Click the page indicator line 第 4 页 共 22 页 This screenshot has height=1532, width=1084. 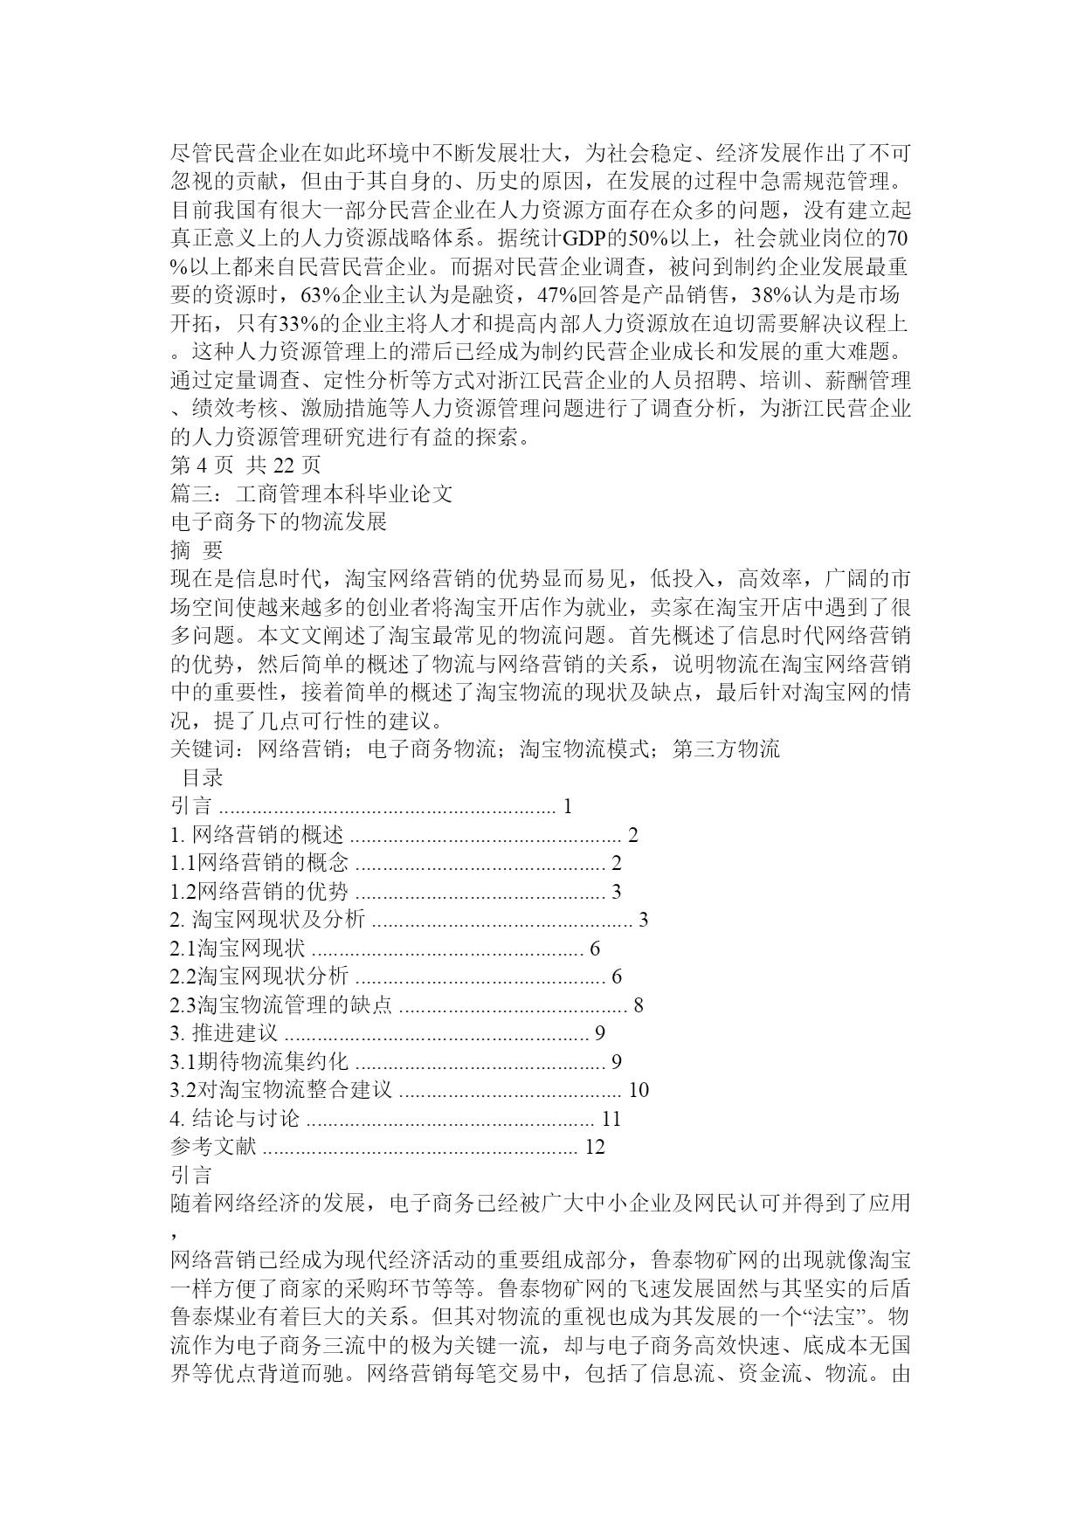245,466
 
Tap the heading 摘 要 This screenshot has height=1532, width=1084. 197,550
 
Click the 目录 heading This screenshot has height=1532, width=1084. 202,777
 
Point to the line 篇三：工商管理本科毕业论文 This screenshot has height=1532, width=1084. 312,493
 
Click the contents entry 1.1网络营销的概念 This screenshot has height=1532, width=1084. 259,863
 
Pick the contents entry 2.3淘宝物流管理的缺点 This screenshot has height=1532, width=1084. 281,1004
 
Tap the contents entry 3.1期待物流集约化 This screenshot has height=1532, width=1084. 259,1061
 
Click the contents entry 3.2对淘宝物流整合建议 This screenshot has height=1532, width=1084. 281,1090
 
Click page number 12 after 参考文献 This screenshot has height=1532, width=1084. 594,1147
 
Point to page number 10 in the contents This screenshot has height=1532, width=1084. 639,1090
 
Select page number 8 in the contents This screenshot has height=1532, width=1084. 639,1004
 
